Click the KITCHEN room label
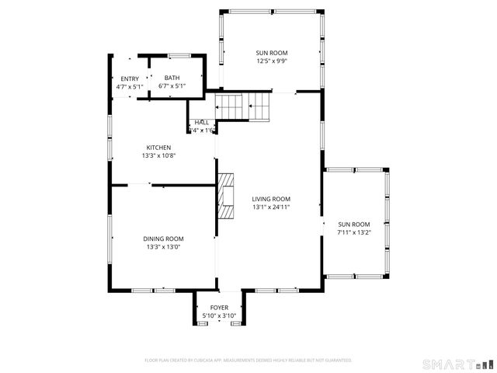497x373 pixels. [158, 148]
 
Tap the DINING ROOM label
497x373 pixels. [163, 239]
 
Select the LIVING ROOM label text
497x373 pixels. [271, 199]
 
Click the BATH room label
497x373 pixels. [171, 78]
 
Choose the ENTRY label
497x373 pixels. [129, 78]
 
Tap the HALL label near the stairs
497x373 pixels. [202, 122]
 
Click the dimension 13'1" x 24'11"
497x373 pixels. [271, 207]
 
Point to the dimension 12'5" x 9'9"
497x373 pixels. [272, 61]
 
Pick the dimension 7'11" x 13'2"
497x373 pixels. [354, 232]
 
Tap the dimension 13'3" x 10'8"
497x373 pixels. [158, 156]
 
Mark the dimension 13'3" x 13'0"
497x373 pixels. [163, 247]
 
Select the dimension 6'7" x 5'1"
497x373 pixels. [171, 86]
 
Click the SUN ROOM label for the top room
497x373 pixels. [272, 53]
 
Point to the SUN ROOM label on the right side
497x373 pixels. [354, 224]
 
